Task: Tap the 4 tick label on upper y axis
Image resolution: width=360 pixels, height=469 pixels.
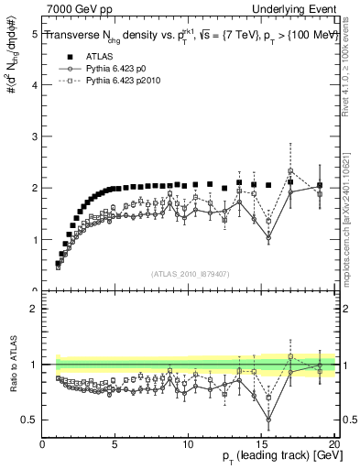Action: [35, 85]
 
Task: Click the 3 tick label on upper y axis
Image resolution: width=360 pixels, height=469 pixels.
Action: [35, 136]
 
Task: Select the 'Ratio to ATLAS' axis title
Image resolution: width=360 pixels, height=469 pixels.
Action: [13, 365]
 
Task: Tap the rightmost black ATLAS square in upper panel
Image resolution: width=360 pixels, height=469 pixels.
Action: [319, 185]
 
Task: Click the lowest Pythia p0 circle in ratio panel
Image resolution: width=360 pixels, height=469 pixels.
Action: [268, 420]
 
